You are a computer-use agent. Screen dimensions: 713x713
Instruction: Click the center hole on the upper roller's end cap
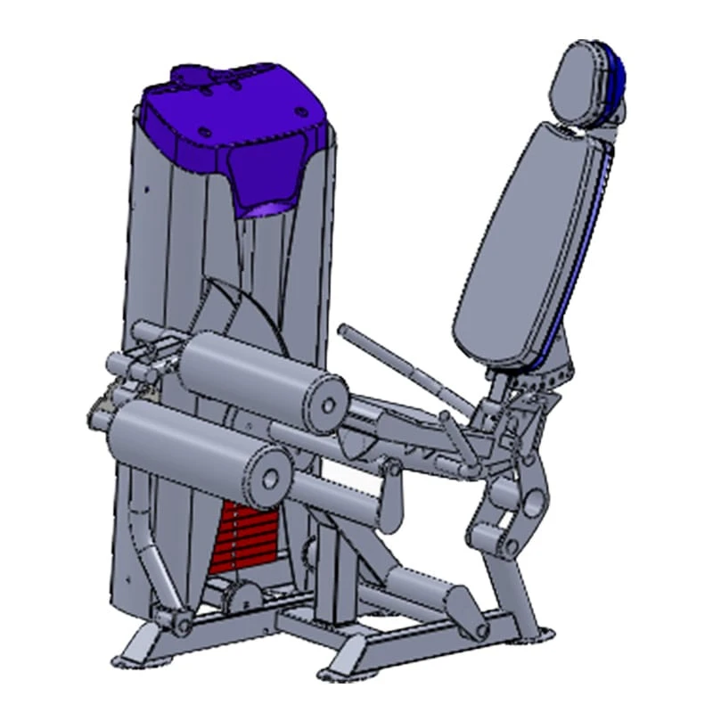(x=329, y=406)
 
